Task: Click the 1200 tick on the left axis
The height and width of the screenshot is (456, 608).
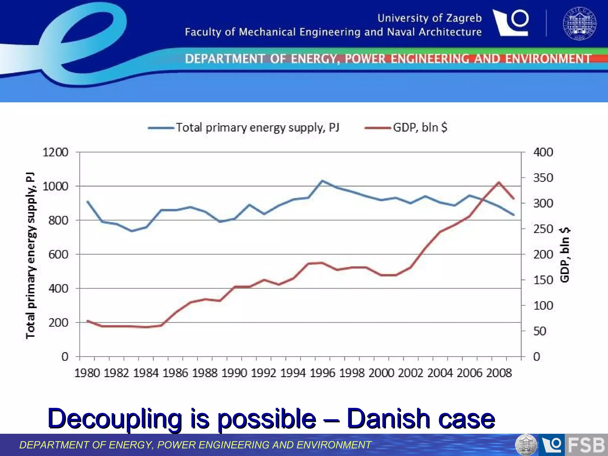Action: (x=56, y=152)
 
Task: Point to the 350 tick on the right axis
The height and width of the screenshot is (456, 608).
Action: (x=543, y=178)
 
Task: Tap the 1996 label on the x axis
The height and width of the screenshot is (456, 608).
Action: (x=322, y=373)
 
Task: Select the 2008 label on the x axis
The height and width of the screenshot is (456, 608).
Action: (x=499, y=373)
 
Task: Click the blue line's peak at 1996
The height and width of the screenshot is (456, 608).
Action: (x=322, y=180)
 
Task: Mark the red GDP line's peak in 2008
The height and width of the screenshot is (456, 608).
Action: (x=499, y=182)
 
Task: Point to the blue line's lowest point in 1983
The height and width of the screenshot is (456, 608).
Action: (x=132, y=231)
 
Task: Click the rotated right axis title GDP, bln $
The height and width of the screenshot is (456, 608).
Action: (x=565, y=254)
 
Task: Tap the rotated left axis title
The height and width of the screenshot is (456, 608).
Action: (x=31, y=255)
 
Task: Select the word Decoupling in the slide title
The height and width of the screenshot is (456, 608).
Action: (x=115, y=419)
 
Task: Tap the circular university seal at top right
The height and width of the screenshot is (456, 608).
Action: (x=579, y=23)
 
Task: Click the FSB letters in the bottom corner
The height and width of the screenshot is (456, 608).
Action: (x=586, y=445)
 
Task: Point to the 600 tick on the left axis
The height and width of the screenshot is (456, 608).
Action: (x=58, y=254)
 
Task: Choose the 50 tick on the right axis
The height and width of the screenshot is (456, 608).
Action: (x=539, y=331)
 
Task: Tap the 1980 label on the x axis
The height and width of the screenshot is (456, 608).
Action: (x=87, y=373)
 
